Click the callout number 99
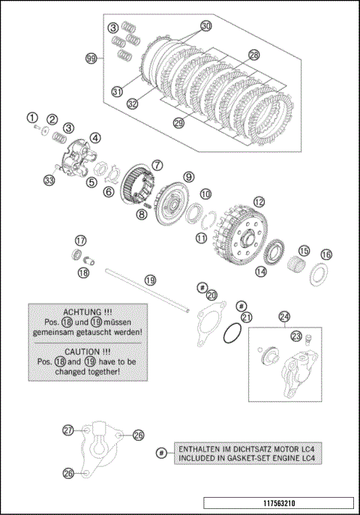click(91, 58)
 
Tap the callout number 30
click(206, 26)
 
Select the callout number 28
click(254, 55)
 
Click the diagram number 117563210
click(279, 503)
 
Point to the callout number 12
click(259, 202)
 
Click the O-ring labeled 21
click(232, 333)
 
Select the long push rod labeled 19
click(148, 290)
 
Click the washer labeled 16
click(319, 274)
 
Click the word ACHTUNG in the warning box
click(82, 312)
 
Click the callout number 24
click(284, 317)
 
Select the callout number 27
click(68, 430)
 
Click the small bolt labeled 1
click(37, 127)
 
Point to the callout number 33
click(49, 181)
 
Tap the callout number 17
click(80, 241)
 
